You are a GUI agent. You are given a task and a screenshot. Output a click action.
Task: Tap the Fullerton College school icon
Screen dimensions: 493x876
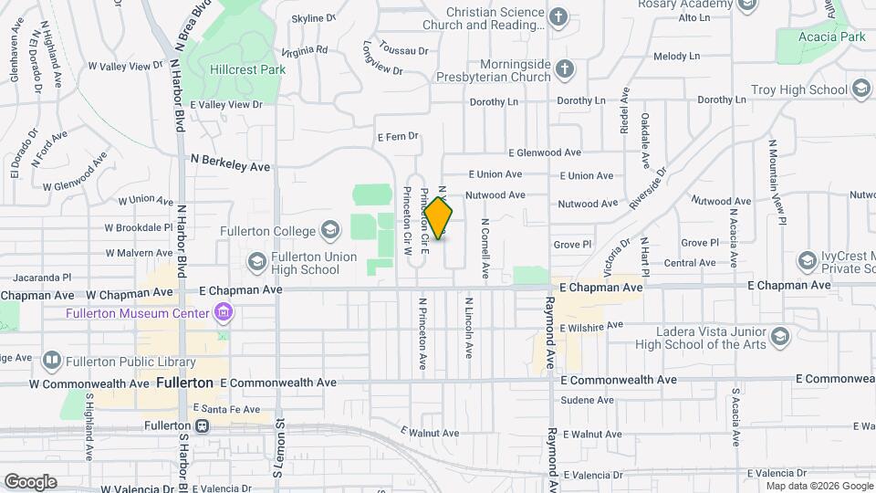(x=330, y=231)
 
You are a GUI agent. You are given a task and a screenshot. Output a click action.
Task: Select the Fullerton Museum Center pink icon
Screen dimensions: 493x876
(x=224, y=314)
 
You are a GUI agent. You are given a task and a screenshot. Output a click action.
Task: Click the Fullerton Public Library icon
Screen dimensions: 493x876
(x=51, y=361)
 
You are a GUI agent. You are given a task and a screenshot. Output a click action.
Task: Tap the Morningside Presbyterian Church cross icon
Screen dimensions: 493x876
(x=566, y=68)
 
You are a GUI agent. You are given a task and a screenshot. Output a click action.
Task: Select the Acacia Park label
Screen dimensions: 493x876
(x=833, y=37)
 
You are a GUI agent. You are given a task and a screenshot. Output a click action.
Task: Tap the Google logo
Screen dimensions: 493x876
(x=30, y=482)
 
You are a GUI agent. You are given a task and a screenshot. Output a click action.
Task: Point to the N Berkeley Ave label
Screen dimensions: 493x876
(x=230, y=166)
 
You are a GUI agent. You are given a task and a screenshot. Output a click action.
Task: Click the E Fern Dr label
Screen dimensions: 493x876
(x=397, y=137)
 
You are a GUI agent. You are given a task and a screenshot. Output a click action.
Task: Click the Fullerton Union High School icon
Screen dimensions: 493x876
(x=256, y=263)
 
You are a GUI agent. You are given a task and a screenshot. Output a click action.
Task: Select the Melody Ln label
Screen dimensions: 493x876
(x=676, y=57)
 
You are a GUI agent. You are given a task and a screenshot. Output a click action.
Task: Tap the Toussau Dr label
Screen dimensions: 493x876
(x=403, y=51)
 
